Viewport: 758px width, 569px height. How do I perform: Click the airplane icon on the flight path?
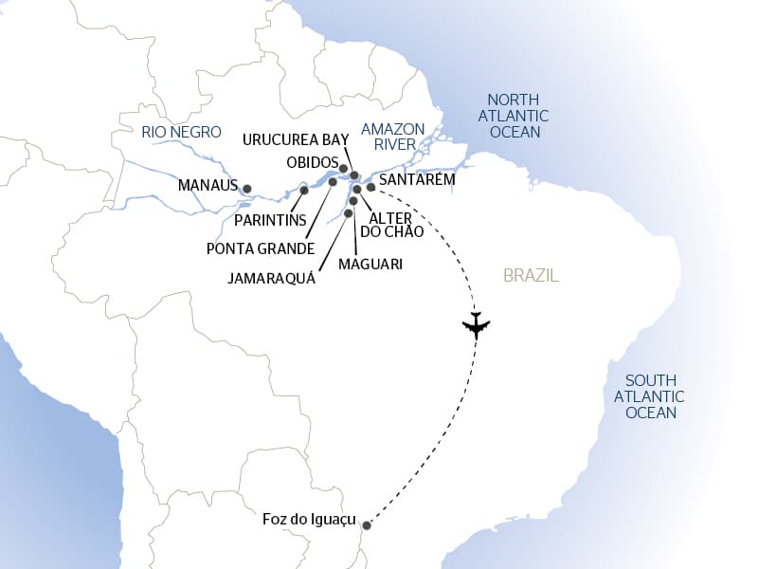476,325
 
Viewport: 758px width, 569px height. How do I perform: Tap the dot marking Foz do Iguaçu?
367,524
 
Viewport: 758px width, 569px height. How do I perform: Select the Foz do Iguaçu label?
308,520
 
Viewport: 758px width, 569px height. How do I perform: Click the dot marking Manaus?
247,189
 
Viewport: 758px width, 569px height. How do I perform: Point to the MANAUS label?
208,186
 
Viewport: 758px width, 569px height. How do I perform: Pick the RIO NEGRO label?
181,132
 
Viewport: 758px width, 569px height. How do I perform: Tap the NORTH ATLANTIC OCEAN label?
514,116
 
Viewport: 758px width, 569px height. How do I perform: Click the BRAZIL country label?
531,276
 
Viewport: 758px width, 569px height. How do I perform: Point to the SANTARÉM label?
417,178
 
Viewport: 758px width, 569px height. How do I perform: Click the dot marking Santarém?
370,188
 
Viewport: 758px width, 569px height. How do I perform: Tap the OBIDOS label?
312,161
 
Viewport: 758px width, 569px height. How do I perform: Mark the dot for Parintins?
303,191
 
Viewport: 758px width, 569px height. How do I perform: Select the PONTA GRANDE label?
261,248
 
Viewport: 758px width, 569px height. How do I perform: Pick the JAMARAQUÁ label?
272,280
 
